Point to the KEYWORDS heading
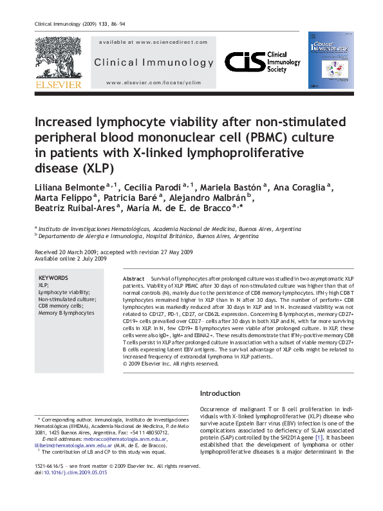pos(53,277)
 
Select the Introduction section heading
pos(220,393)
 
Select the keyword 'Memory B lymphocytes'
pos(66,313)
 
